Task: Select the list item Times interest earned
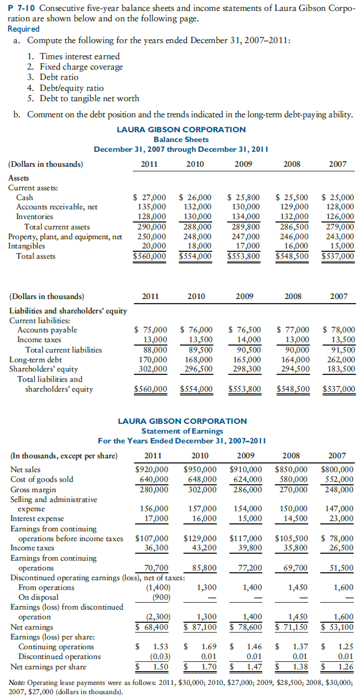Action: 74,56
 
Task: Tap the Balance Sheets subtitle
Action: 181,140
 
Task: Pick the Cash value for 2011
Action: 151,197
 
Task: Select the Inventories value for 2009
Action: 244,217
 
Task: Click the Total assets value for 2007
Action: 338,256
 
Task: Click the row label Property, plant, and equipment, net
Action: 66,236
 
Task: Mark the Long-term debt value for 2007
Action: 339,359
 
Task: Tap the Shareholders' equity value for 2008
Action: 293,369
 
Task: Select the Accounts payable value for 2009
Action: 245,330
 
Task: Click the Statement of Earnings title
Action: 181,431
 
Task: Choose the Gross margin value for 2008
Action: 293,489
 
